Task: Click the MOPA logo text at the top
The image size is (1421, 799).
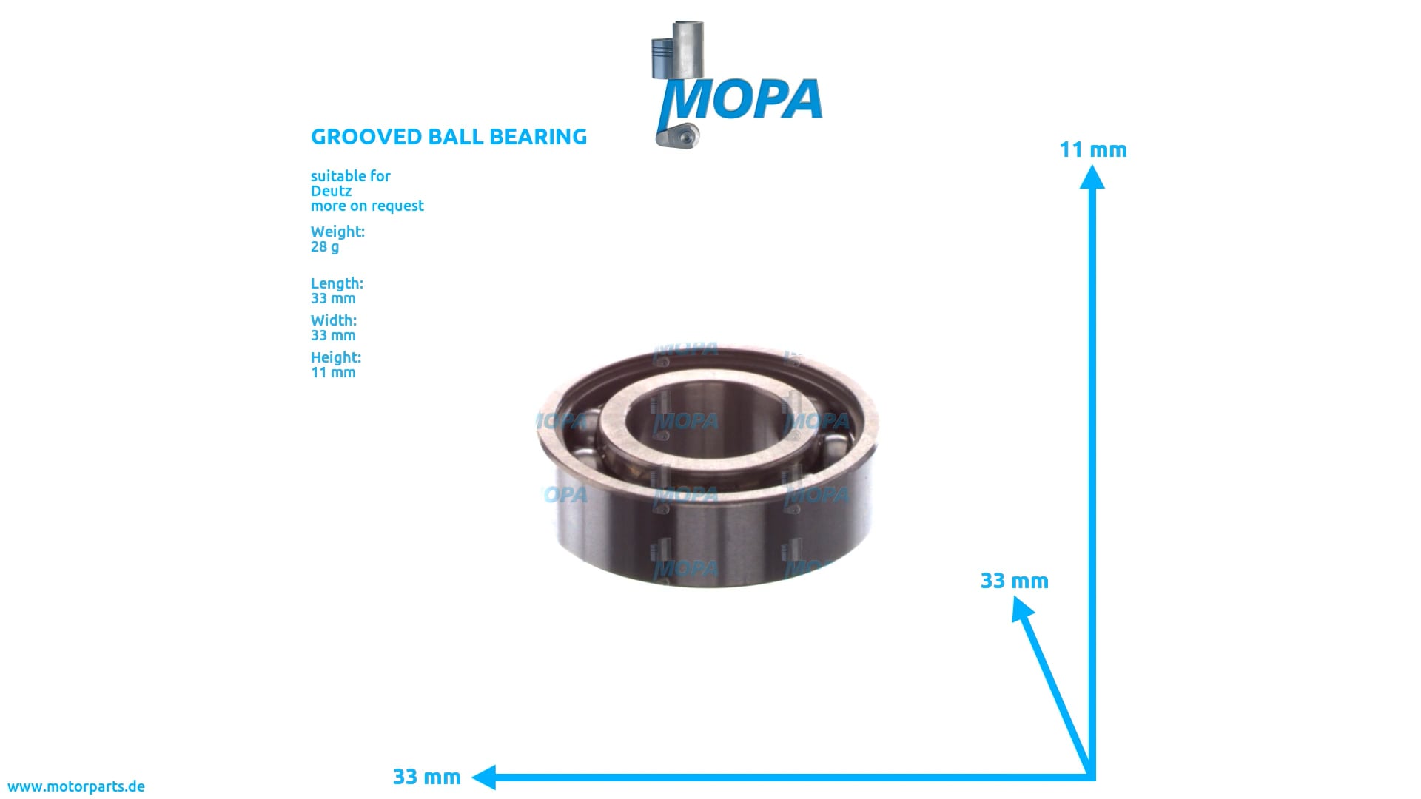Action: (x=744, y=100)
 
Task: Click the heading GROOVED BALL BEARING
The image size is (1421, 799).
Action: (x=449, y=137)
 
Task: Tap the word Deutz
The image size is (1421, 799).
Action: (x=331, y=191)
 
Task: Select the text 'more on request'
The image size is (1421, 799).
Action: (x=367, y=206)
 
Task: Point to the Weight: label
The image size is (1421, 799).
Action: (x=337, y=232)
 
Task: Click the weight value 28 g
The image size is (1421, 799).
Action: (x=325, y=246)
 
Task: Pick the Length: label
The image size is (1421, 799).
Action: (x=337, y=283)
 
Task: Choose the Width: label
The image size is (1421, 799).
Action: (x=333, y=320)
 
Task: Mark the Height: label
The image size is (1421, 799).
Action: (x=335, y=357)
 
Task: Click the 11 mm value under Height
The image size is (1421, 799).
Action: (x=333, y=372)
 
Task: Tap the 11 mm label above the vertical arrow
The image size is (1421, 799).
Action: (x=1092, y=149)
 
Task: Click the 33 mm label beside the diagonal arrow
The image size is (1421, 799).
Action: (x=1014, y=581)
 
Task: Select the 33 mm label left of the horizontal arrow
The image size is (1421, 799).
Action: (x=426, y=777)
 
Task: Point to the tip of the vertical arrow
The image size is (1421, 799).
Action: (x=1092, y=176)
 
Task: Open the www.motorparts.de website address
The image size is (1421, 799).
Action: (x=76, y=786)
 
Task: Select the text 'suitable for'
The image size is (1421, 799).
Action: (x=350, y=176)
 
